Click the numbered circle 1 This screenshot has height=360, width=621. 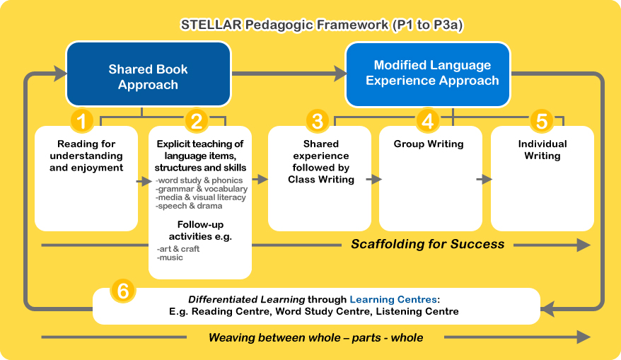point(82,121)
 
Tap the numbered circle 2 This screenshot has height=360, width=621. point(197,121)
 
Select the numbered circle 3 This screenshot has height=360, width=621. point(318,121)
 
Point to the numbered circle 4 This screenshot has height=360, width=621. point(427,121)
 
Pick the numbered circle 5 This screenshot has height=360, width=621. point(541,121)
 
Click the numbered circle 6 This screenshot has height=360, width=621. point(123,291)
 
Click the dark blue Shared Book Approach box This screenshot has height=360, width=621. point(148,74)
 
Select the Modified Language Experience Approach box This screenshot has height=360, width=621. point(428,74)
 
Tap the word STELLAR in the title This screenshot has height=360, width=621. point(211,25)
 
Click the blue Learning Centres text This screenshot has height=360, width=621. point(393,299)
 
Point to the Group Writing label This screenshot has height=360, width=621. point(429,144)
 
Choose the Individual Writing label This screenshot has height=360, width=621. point(542,150)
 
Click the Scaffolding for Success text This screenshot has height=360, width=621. point(428,244)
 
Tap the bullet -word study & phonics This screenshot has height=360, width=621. point(199,180)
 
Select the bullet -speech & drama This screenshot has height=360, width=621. point(189,206)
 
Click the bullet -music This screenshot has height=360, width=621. point(170,257)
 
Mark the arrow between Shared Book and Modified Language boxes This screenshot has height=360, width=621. point(289,74)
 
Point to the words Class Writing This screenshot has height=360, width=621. point(321,180)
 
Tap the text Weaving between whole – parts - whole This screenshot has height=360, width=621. point(315,338)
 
